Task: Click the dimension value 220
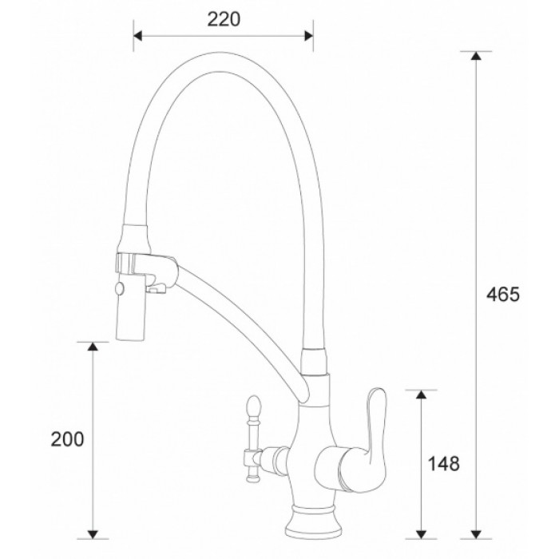pos(224,19)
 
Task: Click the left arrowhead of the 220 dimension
pos(137,36)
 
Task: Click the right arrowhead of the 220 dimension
pos(309,36)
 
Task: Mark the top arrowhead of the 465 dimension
pos(477,57)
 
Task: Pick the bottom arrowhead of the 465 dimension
pos(477,530)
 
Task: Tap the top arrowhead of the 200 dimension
pos(93,347)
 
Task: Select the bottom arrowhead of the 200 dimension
pos(93,530)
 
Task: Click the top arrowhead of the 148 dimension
pos(421,395)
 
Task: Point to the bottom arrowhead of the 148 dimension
pos(421,530)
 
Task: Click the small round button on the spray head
pos(120,288)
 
